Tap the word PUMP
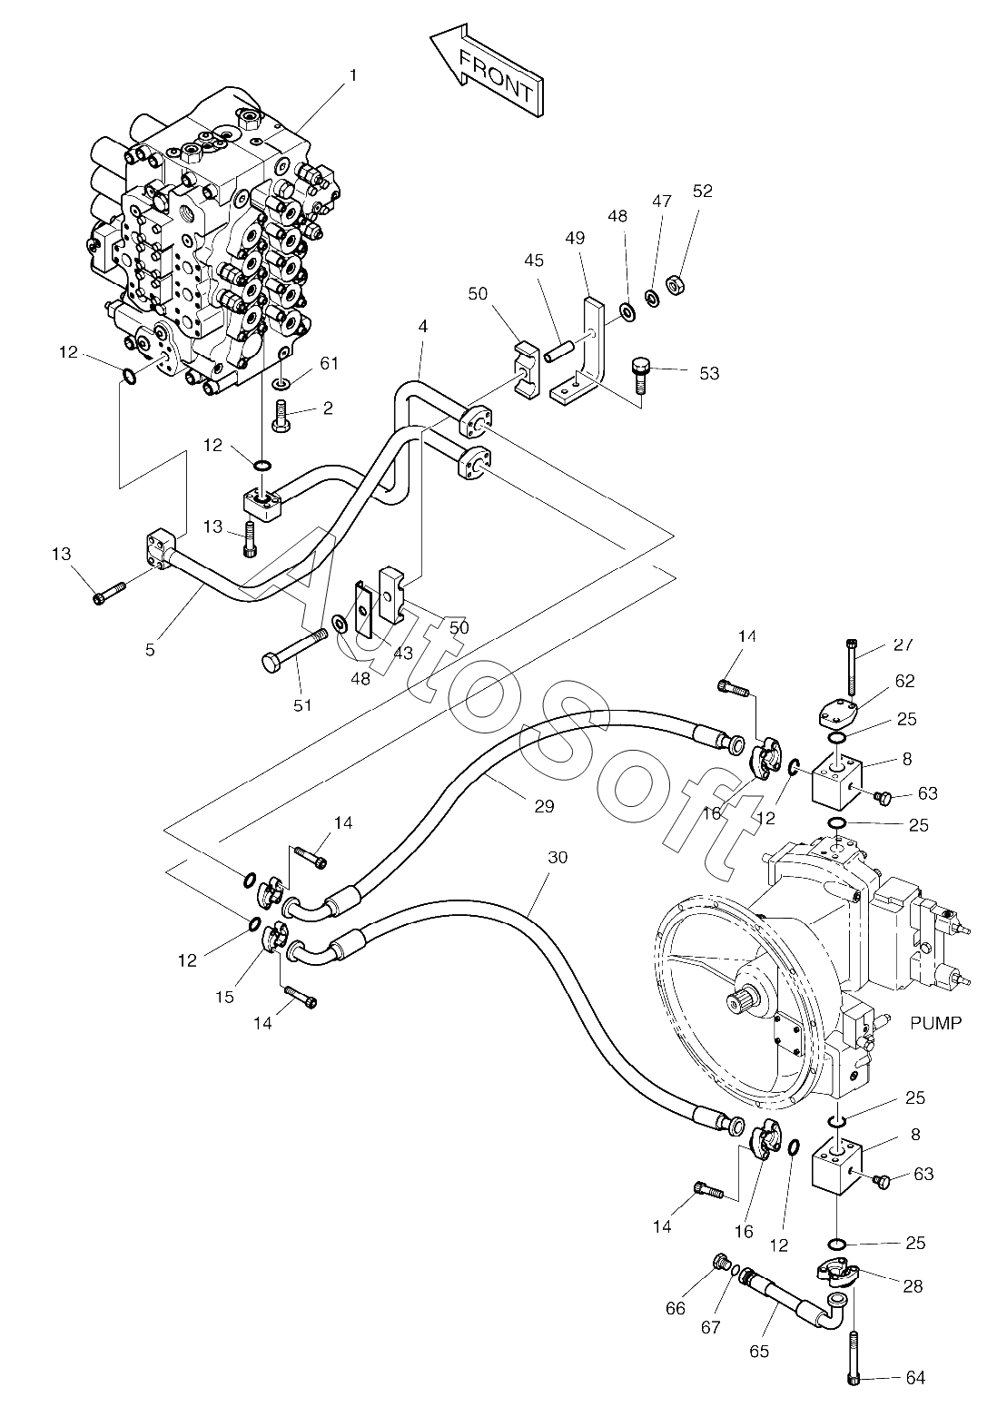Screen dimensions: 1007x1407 click(935, 1023)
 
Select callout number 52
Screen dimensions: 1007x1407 click(702, 191)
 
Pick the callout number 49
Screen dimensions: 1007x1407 click(575, 238)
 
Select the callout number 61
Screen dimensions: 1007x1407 click(330, 363)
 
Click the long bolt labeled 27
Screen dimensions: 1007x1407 click(852, 668)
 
